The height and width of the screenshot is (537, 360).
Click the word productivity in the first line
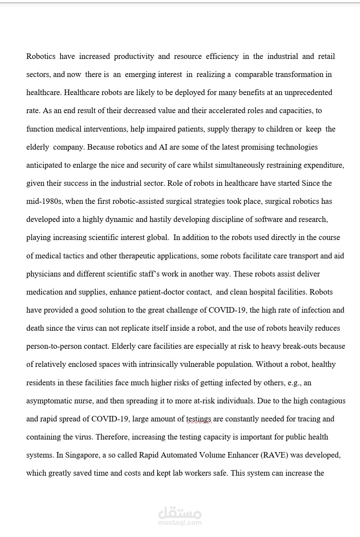[x=134, y=57]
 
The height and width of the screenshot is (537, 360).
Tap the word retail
[x=326, y=57]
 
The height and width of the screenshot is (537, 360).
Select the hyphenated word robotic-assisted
[x=142, y=202]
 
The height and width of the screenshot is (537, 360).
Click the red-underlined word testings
[x=198, y=419]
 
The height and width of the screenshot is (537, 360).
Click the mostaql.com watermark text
[x=180, y=522]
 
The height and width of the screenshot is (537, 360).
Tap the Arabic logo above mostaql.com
[x=180, y=513]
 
